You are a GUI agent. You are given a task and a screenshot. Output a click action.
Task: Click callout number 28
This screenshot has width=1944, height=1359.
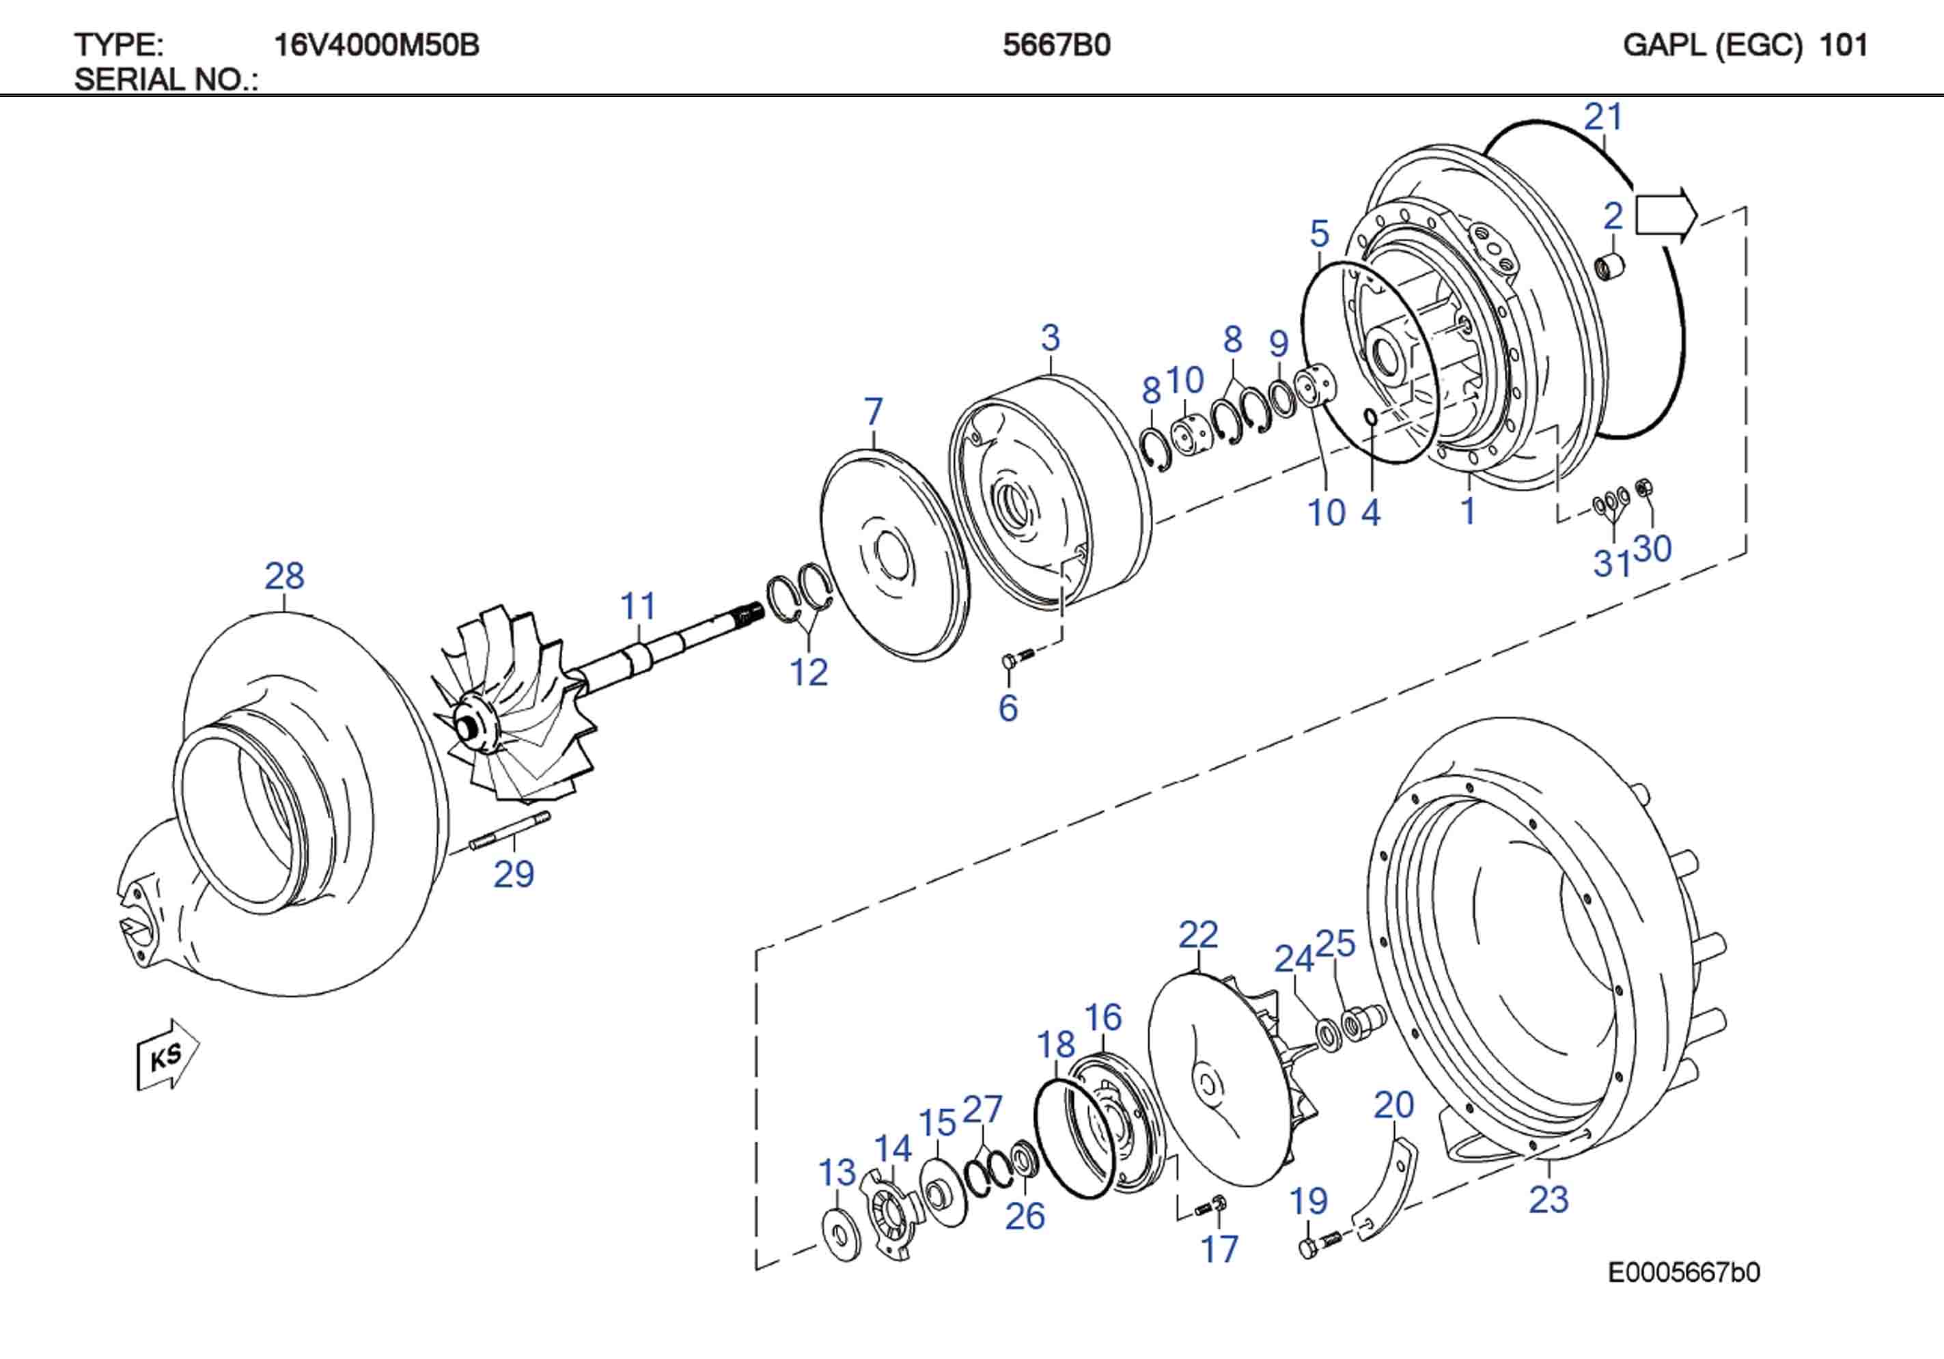click(x=284, y=576)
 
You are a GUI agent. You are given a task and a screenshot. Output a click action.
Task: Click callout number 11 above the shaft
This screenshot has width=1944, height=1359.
click(x=639, y=606)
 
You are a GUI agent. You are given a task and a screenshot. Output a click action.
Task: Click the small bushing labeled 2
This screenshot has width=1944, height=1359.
click(x=1609, y=268)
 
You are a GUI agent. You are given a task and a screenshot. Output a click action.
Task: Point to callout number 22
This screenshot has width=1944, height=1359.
click(x=1198, y=935)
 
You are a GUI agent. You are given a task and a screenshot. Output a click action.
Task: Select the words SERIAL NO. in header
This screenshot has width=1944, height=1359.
click(x=166, y=80)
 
